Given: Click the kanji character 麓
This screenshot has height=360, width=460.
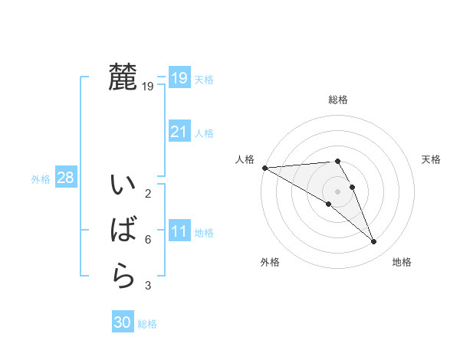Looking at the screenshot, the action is click(123, 77).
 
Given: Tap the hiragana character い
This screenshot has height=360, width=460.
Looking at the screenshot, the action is click(123, 186).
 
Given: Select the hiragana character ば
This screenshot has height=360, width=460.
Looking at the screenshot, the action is click(123, 231).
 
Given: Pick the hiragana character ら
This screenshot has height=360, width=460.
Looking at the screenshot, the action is click(123, 275).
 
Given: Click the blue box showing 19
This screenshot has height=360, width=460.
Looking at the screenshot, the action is click(179, 78).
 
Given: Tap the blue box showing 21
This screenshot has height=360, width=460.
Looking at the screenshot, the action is click(179, 132).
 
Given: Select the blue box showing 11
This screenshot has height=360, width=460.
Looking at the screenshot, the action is click(179, 231).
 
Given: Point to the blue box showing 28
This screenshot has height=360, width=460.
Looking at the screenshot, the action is click(65, 178).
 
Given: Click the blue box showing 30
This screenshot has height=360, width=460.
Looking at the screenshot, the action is click(123, 322).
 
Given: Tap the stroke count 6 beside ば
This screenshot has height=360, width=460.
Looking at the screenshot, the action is click(148, 240).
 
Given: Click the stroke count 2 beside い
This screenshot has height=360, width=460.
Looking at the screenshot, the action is click(148, 194).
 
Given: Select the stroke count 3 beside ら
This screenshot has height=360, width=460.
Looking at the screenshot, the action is click(148, 286).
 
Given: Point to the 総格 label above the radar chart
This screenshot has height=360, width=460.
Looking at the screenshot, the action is click(338, 100).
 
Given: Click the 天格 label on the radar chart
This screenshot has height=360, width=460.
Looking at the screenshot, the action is click(432, 159).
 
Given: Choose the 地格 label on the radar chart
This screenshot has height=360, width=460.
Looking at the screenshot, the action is click(402, 262).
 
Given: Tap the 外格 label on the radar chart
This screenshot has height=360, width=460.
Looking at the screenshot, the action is click(270, 262).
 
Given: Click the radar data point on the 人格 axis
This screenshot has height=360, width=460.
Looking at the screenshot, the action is click(264, 167).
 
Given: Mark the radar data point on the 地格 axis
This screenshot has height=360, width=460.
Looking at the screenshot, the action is click(373, 242).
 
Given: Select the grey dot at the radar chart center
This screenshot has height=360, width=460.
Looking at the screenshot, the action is click(337, 191).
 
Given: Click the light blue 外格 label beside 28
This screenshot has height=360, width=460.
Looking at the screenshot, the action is click(41, 178).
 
